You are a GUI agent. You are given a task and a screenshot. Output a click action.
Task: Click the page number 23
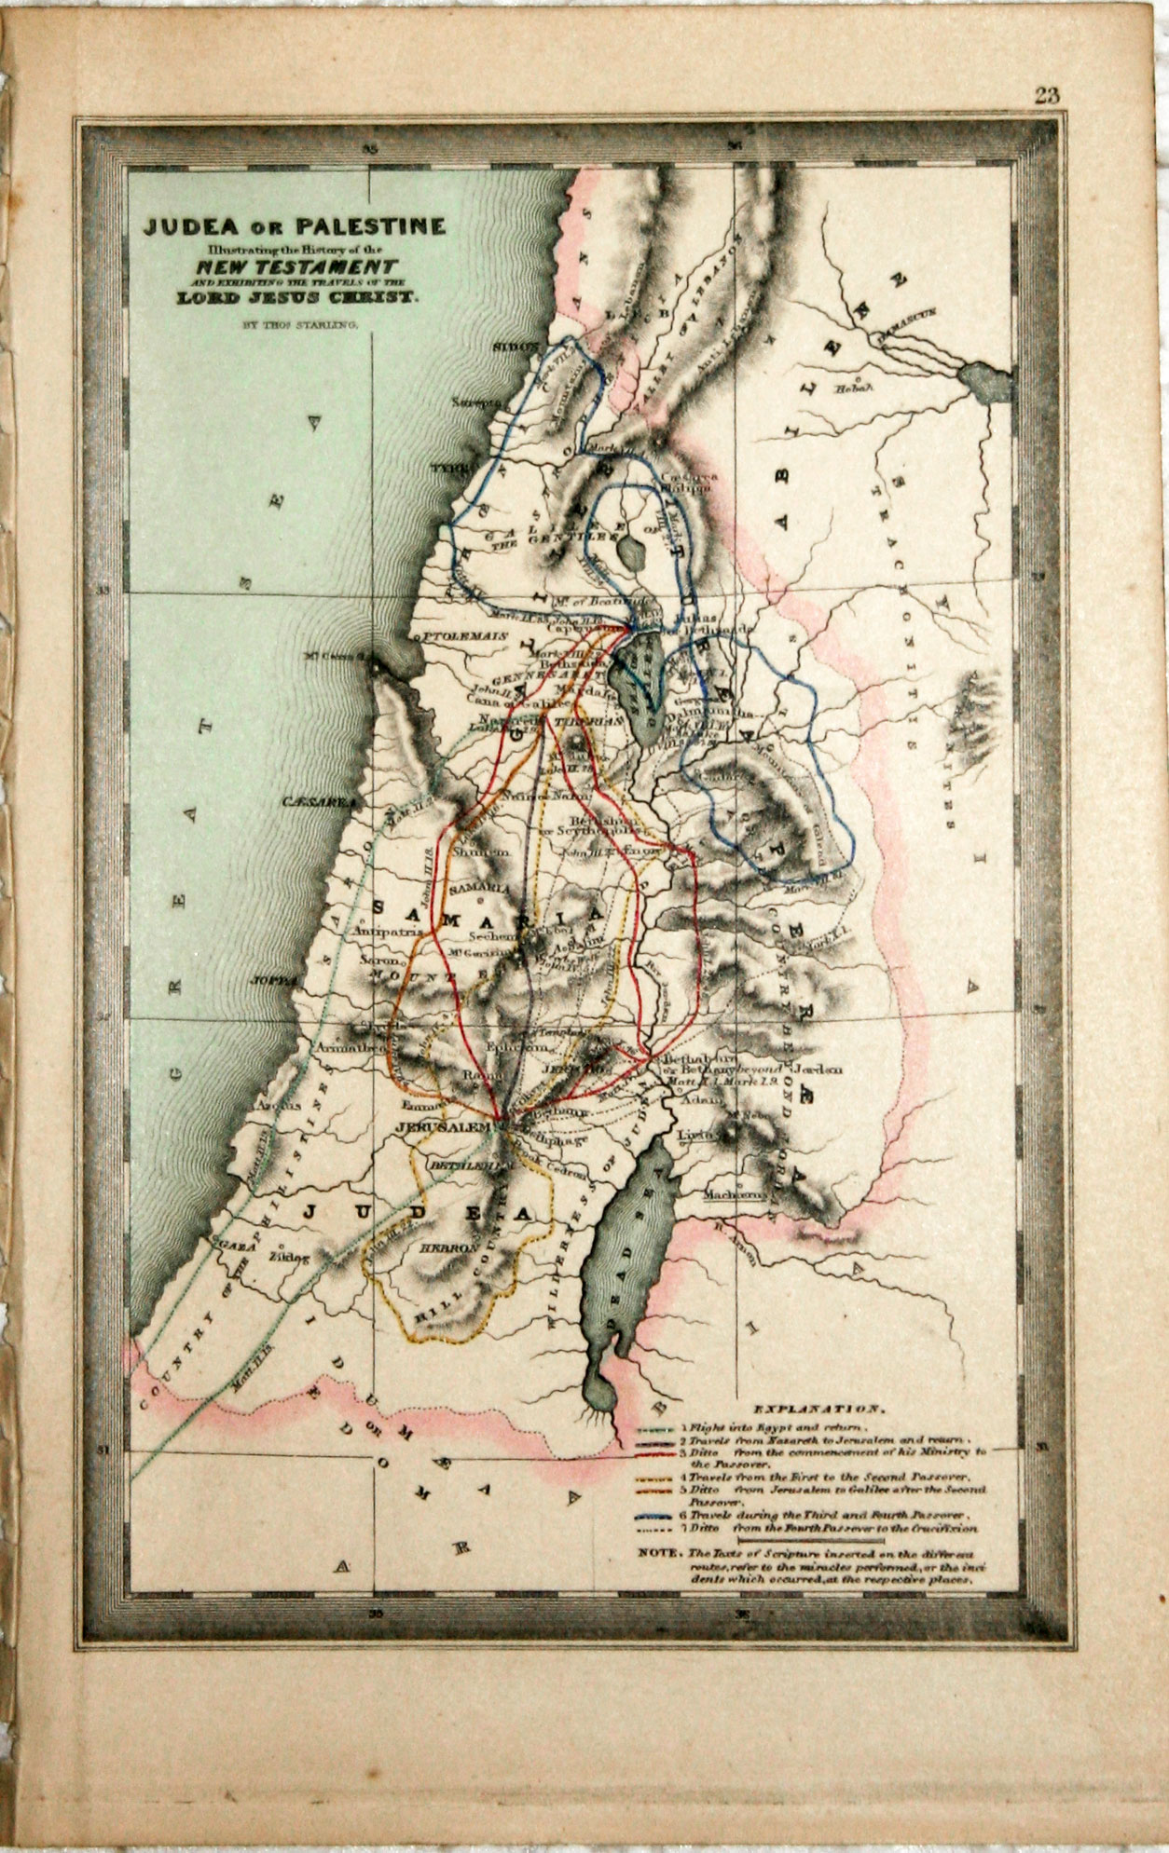[x=1046, y=94]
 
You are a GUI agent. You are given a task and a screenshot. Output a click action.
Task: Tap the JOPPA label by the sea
[x=272, y=981]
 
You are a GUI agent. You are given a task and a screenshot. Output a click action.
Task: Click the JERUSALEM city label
[x=443, y=1127]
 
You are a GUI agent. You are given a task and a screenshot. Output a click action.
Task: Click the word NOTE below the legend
[x=658, y=1553]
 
